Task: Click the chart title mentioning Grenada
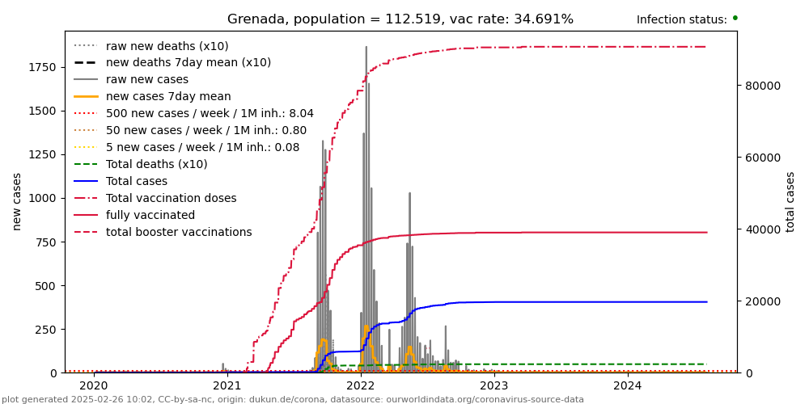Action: (x=400, y=19)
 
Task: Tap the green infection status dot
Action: (x=735, y=18)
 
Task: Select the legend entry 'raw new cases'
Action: (x=146, y=79)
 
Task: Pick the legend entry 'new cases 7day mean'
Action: (x=168, y=96)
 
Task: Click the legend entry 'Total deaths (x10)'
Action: (x=156, y=164)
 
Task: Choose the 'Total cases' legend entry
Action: (x=136, y=181)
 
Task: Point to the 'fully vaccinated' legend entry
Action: (x=150, y=215)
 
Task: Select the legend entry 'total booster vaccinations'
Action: (x=178, y=232)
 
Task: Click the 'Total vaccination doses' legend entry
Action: (x=171, y=198)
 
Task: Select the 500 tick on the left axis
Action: (x=47, y=285)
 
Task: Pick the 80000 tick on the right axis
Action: (x=761, y=86)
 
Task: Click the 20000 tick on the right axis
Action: (x=761, y=301)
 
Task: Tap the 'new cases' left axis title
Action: (x=17, y=201)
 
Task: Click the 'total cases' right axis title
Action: (x=790, y=201)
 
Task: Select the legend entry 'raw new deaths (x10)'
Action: (x=167, y=46)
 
